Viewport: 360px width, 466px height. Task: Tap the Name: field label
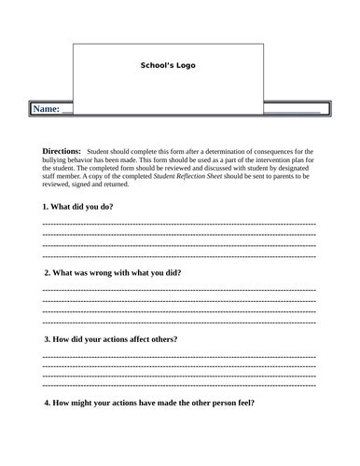coord(47,109)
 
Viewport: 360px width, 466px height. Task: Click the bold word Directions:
coord(62,150)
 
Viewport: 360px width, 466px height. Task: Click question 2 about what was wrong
coord(113,272)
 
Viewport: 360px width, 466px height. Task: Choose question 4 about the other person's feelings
coord(149,404)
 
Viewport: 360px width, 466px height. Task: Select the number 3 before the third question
coord(46,338)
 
